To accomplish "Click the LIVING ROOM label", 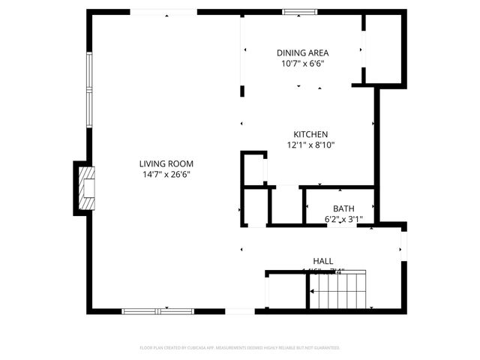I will (x=166, y=163).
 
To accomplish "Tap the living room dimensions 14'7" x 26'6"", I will (x=166, y=174).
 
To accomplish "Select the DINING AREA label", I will (x=302, y=52).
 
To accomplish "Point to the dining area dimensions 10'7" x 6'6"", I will (x=302, y=64).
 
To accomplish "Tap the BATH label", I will (x=343, y=208).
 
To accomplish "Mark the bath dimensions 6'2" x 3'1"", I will (x=343, y=219).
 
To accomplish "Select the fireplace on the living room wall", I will (x=87, y=186).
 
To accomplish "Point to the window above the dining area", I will (x=300, y=12).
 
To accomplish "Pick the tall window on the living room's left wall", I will (x=89, y=88).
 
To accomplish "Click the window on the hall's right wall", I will (x=403, y=244).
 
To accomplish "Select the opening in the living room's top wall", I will (x=164, y=12).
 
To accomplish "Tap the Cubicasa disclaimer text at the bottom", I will (x=240, y=348).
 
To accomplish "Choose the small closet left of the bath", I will (x=285, y=205).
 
